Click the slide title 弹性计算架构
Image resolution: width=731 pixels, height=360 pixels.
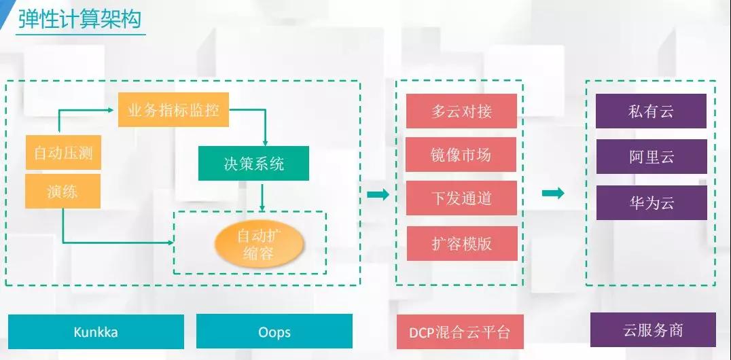coord(79,20)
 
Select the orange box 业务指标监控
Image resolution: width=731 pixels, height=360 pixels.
coord(173,109)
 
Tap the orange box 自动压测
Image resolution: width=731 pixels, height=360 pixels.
coord(63,152)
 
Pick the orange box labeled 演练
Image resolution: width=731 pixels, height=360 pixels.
coord(63,191)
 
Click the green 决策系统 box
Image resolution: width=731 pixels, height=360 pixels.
coord(253,163)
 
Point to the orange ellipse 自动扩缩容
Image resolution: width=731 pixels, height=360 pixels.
coord(259,244)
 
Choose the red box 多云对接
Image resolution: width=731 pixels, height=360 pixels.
coord(461,111)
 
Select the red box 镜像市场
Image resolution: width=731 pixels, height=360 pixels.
coord(461,154)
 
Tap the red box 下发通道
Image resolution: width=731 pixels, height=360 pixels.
coord(461,198)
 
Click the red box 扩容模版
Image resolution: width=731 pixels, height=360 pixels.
coord(462,243)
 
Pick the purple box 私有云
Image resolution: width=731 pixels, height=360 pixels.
coord(652,111)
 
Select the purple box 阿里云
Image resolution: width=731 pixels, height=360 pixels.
coord(652,157)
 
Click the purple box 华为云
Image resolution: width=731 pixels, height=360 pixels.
coord(652,203)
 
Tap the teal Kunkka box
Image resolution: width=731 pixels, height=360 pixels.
coord(96,331)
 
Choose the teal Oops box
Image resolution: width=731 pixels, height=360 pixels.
coord(274,331)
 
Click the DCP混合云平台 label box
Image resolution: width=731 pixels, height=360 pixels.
coord(460,331)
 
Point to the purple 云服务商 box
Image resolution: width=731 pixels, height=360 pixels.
coord(653,329)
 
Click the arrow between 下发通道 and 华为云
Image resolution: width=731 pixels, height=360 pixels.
coord(553,193)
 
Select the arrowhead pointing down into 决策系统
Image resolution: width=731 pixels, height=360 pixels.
coord(265,143)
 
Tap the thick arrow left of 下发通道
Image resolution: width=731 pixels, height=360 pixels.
coord(378,194)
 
